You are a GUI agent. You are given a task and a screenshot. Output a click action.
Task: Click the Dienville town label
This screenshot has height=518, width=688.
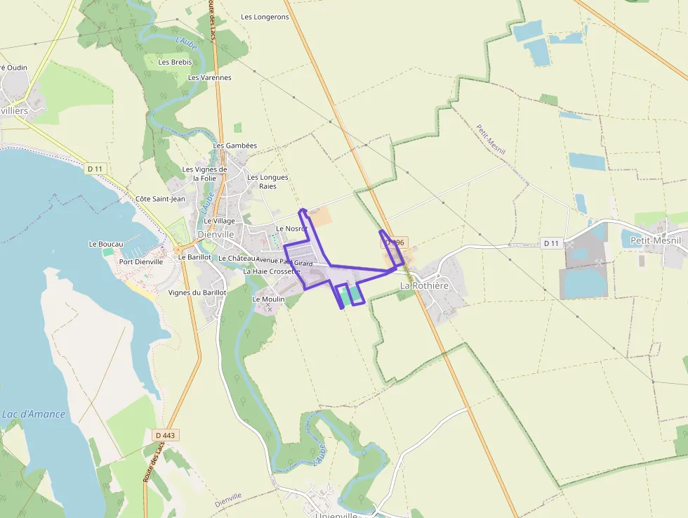(x=216, y=234)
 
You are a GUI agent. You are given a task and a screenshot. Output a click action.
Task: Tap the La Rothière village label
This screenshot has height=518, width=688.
(x=423, y=286)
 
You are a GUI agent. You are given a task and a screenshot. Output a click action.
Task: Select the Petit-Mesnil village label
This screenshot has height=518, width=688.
(x=656, y=240)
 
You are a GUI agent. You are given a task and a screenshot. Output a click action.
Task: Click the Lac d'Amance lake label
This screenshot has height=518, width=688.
(x=34, y=414)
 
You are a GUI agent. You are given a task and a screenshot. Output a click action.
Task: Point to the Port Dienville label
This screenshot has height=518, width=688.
(x=141, y=261)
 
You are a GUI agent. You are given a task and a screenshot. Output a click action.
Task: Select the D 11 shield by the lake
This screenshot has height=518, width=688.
(x=95, y=169)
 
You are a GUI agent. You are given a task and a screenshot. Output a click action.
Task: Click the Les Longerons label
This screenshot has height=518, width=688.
(x=265, y=17)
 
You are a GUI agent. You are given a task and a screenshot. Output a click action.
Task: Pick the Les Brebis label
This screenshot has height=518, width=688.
(x=175, y=62)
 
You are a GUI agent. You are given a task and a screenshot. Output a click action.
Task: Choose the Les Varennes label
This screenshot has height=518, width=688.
(x=210, y=77)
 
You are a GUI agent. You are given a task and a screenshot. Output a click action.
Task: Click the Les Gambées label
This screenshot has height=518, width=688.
(x=234, y=145)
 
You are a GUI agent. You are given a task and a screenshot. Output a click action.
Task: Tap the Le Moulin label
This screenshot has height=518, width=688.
(x=268, y=299)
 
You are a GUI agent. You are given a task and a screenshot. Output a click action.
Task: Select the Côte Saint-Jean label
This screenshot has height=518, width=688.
(x=160, y=199)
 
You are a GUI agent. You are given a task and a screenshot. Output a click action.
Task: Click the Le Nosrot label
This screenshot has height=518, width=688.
(x=291, y=228)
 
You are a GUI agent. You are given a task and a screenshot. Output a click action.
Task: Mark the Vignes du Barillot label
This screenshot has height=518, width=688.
(x=197, y=292)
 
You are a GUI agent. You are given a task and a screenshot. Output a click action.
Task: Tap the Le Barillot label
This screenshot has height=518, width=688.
(x=194, y=257)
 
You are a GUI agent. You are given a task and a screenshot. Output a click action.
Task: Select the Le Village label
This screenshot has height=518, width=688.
(x=220, y=221)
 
